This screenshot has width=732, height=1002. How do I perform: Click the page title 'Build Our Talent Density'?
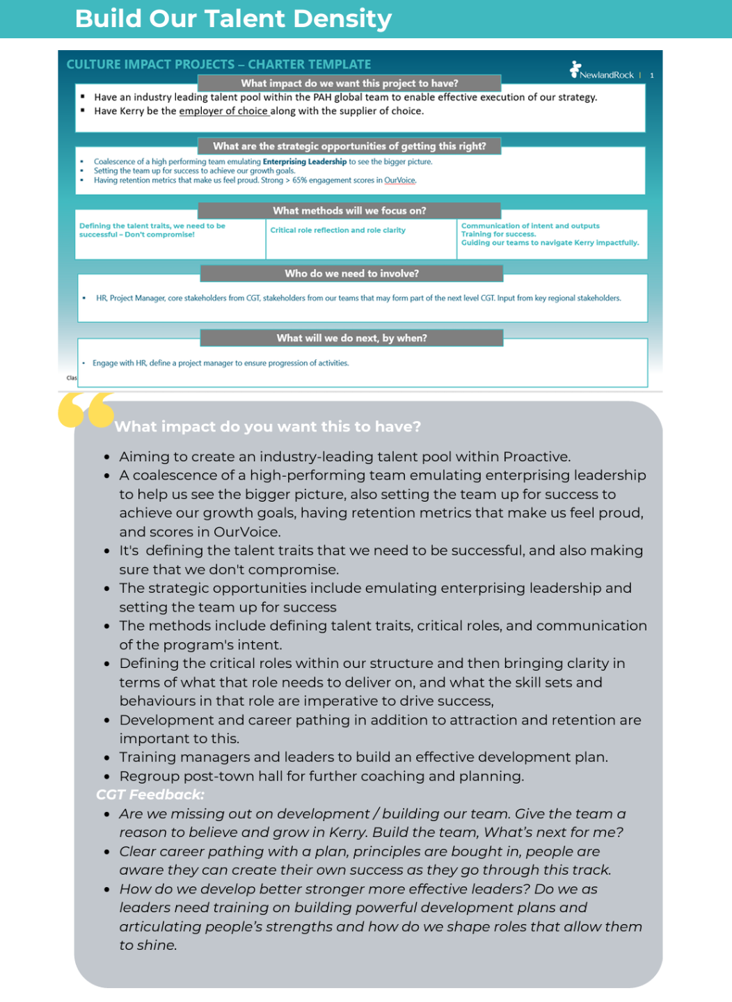(x=233, y=19)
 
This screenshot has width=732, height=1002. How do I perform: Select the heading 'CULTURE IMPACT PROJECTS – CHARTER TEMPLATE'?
(x=218, y=65)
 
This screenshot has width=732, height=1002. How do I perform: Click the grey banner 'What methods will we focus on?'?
(x=349, y=211)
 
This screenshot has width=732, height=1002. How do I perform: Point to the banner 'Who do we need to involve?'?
(x=351, y=273)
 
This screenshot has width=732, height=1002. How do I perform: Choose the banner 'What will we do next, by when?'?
(x=351, y=338)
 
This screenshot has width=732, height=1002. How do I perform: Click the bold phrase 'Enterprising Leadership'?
(x=304, y=161)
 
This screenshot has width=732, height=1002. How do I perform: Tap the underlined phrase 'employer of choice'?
(x=223, y=111)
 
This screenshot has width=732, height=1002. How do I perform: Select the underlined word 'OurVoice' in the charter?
(x=399, y=180)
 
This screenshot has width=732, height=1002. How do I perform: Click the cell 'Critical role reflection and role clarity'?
(x=337, y=230)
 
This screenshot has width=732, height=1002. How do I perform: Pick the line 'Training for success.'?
(x=498, y=234)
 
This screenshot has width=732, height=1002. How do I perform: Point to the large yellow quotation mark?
(x=86, y=409)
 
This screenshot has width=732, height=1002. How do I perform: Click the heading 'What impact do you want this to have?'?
(x=268, y=427)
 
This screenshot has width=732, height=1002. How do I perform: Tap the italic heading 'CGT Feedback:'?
(x=150, y=795)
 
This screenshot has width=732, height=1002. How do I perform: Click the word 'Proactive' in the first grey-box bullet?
(x=536, y=457)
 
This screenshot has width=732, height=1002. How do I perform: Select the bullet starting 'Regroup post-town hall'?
(x=321, y=776)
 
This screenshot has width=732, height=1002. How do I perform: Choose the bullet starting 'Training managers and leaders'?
(x=363, y=757)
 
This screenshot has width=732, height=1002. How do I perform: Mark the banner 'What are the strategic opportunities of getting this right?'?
(x=349, y=146)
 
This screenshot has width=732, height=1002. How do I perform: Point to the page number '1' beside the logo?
(x=652, y=75)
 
